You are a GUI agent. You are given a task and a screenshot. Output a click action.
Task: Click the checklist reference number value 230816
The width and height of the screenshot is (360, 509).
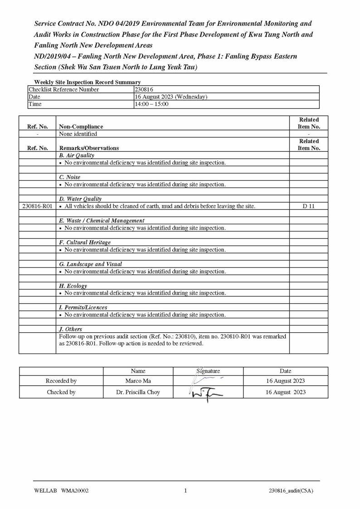(144, 90)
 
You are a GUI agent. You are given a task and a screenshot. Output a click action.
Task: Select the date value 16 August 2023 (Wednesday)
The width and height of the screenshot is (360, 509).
(171, 97)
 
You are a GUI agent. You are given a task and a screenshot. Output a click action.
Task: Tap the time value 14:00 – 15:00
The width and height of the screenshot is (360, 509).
(151, 104)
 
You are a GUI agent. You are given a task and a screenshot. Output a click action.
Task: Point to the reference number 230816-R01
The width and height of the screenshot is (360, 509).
(37, 206)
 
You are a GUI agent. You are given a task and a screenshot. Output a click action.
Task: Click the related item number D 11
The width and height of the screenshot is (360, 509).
(309, 206)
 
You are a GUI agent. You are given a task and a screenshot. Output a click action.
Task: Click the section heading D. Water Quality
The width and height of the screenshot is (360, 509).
(80, 199)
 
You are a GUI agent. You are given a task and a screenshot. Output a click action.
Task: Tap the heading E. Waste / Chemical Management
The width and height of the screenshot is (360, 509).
(102, 221)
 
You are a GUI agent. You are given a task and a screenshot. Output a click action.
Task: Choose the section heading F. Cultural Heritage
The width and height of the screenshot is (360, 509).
(85, 242)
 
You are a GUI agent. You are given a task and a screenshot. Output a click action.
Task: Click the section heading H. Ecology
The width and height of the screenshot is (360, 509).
(73, 286)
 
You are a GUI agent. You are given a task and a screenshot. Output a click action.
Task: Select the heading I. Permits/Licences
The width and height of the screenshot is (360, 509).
(83, 307)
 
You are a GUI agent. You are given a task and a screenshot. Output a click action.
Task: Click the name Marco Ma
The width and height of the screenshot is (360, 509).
(138, 381)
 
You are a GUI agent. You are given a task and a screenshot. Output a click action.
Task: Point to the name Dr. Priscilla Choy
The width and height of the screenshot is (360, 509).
(138, 393)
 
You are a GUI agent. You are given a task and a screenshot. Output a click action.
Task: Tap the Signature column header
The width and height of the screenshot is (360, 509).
(208, 371)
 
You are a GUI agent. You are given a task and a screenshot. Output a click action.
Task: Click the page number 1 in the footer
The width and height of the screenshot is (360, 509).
(185, 491)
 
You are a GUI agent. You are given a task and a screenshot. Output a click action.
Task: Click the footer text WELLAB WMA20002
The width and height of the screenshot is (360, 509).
(61, 491)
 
